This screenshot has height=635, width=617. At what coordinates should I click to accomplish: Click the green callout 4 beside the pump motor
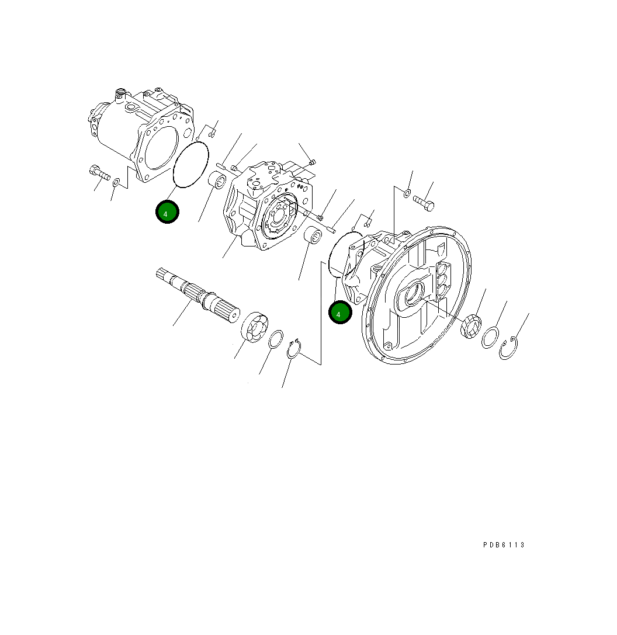click(167, 213)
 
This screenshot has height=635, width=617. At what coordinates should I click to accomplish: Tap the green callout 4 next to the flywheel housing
click(339, 313)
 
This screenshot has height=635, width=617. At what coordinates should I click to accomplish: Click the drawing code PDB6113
click(504, 545)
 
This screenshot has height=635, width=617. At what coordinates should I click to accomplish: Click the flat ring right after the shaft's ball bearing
click(276, 340)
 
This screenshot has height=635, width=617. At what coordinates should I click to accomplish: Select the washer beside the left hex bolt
click(117, 183)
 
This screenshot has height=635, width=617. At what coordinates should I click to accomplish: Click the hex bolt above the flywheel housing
click(423, 202)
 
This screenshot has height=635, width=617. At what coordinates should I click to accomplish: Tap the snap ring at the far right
click(509, 349)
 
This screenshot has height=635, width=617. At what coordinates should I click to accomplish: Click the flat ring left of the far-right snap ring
click(490, 338)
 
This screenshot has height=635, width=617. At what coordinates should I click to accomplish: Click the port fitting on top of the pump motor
click(121, 92)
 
